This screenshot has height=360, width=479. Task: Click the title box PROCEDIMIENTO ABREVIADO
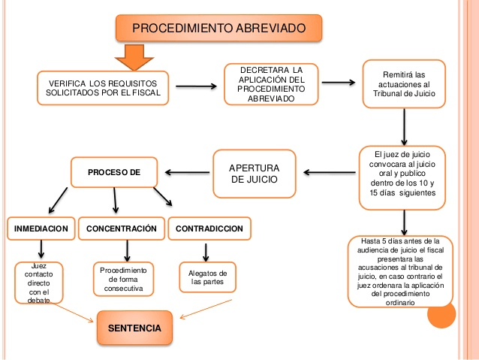pyautogui.click(x=218, y=29)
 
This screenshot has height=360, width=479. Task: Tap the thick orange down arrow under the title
pyautogui.click(x=134, y=58)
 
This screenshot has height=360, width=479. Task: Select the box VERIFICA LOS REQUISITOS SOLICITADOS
pyautogui.click(x=103, y=89)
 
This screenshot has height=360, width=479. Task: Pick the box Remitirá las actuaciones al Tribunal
pyautogui.click(x=404, y=84)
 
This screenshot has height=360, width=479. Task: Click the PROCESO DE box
pyautogui.click(x=114, y=172)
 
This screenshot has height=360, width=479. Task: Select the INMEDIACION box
pyautogui.click(x=41, y=228)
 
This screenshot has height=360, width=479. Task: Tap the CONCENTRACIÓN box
pyautogui.click(x=122, y=228)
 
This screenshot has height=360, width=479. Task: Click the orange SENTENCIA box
pyautogui.click(x=134, y=328)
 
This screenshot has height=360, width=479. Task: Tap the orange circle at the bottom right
pyautogui.click(x=441, y=313)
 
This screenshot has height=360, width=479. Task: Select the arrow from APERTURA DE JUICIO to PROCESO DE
pyautogui.click(x=186, y=173)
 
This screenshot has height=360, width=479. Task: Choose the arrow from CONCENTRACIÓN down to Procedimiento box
pyautogui.click(x=128, y=250)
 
